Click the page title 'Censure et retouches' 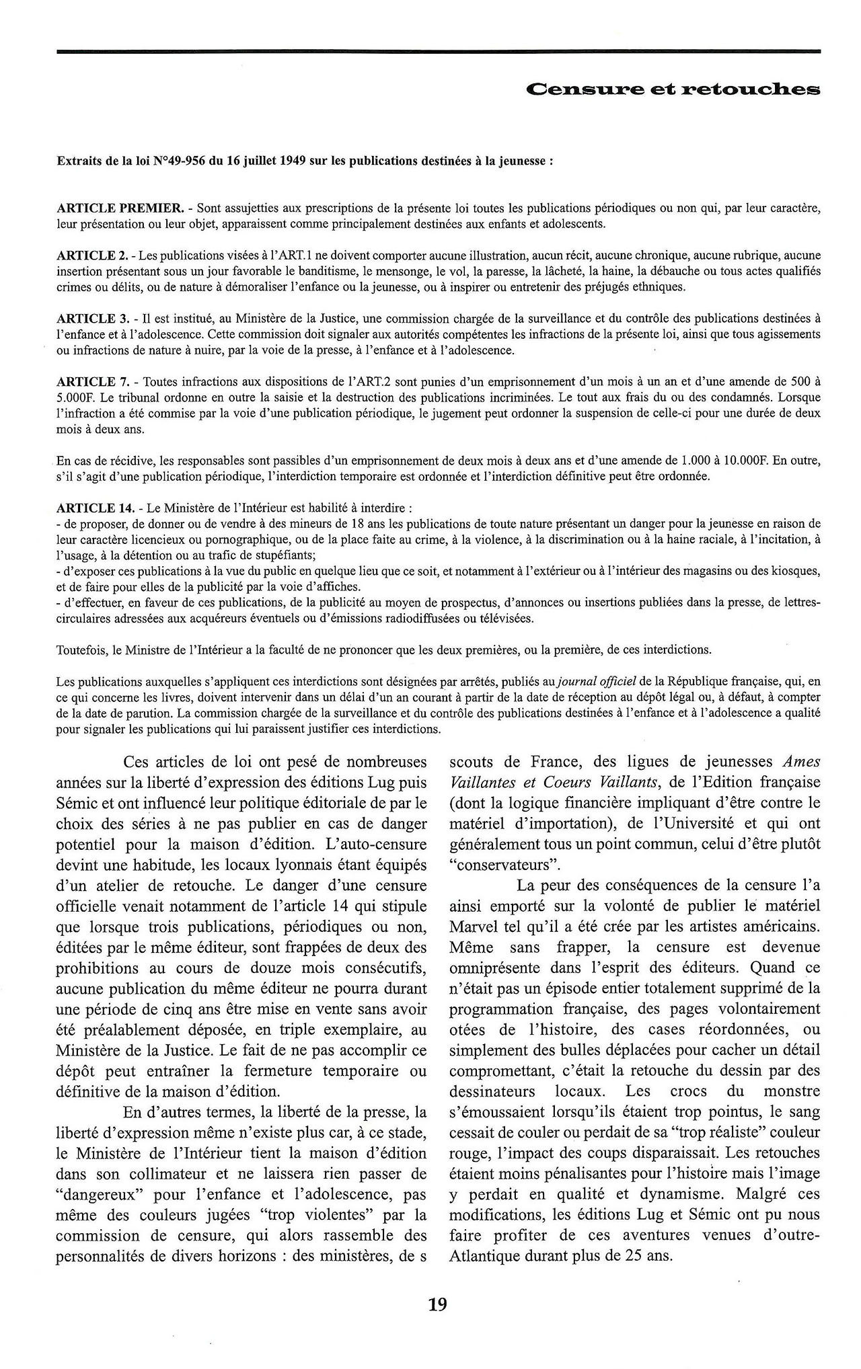pos(673,89)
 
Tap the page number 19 pos(437,1304)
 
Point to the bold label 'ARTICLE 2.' pos(92,256)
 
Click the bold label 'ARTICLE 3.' pos(92,319)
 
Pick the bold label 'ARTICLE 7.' pos(92,382)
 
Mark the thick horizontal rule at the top pos(439,50)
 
